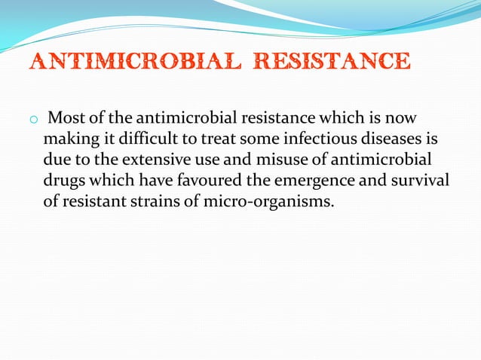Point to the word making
(x=67, y=139)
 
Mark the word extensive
(x=135, y=160)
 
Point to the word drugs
(x=63, y=181)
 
